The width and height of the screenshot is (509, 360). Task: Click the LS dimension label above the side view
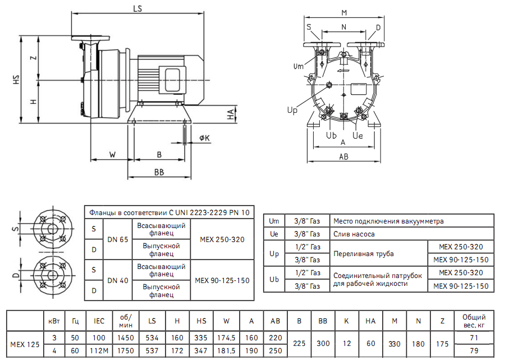tap(136, 8)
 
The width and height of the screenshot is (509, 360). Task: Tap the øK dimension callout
tap(204, 138)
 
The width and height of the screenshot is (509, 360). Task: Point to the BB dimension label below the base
tap(159, 172)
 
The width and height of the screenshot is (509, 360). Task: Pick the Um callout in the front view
tap(299, 67)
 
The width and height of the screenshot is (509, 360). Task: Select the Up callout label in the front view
tap(292, 111)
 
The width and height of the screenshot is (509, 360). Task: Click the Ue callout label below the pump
tap(358, 136)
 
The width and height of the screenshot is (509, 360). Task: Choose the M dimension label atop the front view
tap(344, 12)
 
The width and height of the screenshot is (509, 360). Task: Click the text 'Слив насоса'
tap(354, 234)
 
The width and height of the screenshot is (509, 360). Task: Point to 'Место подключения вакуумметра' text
tap(388, 221)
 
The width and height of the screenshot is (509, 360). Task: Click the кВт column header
tap(54, 320)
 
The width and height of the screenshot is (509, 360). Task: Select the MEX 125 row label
tap(25, 344)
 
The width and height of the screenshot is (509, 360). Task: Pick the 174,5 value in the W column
tap(226, 338)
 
